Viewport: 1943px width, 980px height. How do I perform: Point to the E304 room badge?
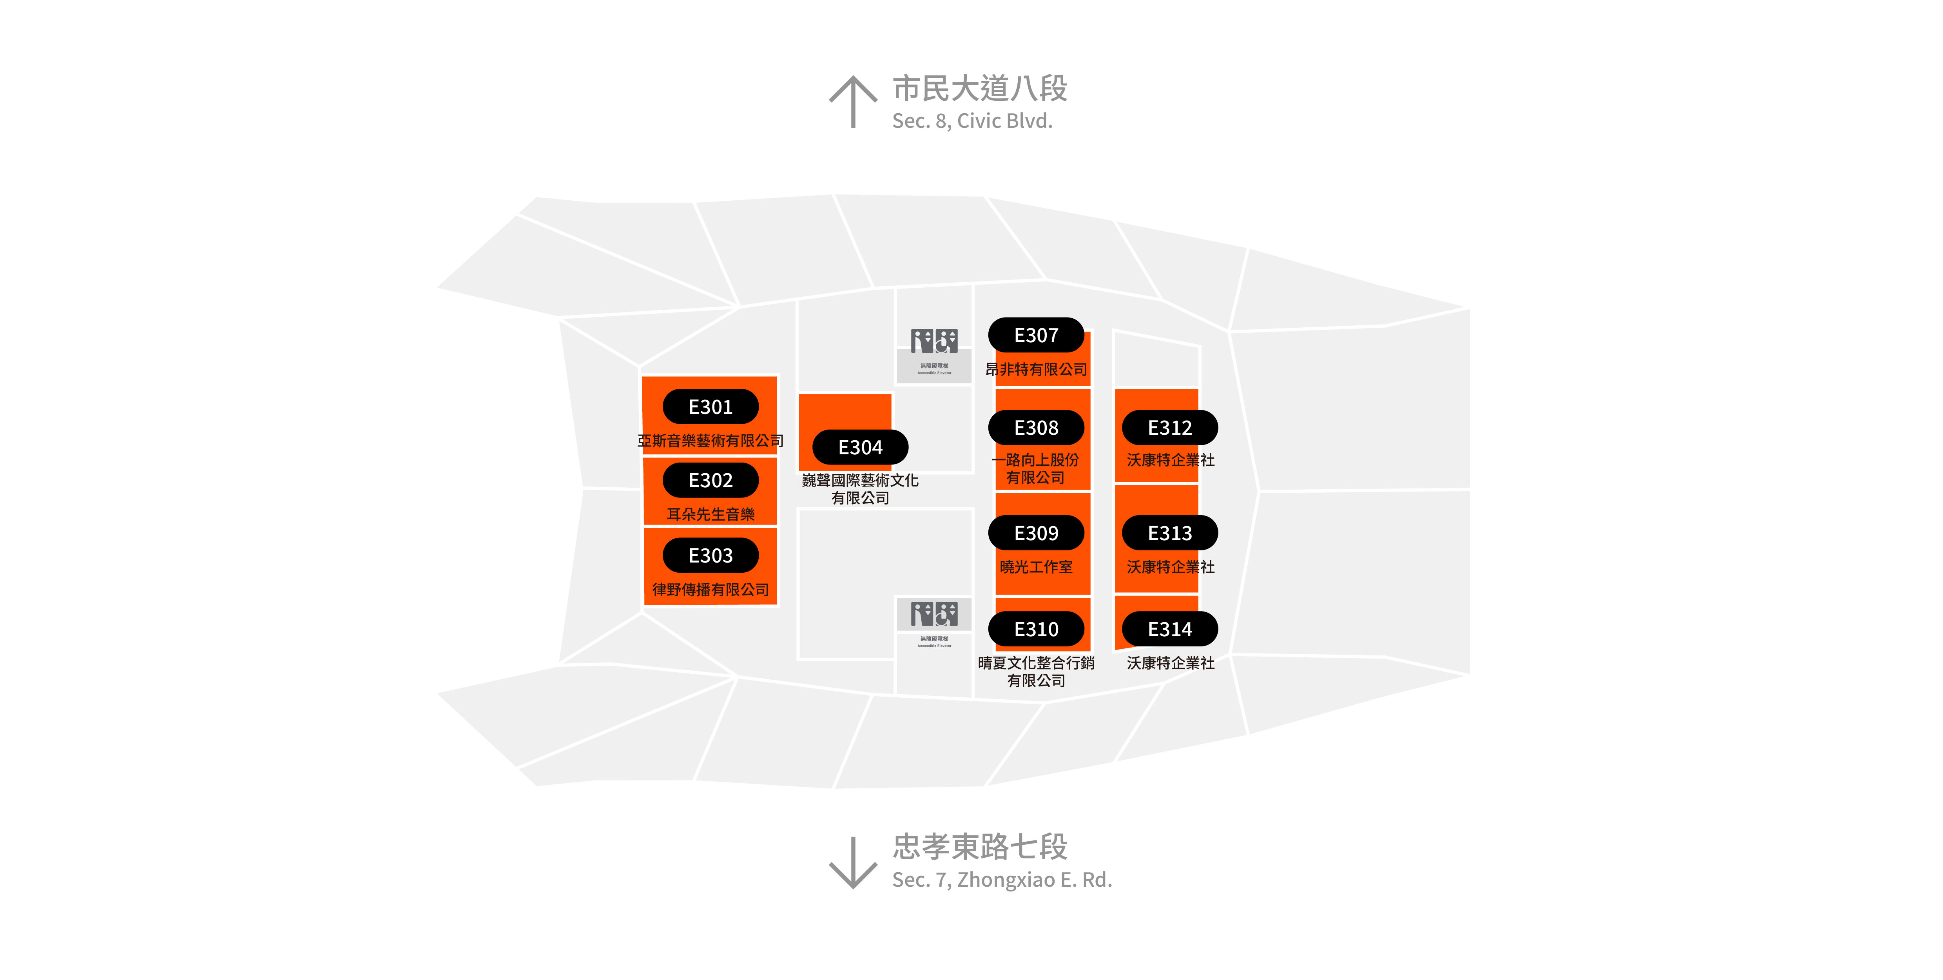pyautogui.click(x=860, y=447)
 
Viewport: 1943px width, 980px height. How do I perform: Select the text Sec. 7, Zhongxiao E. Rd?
pyautogui.click(x=1002, y=880)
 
